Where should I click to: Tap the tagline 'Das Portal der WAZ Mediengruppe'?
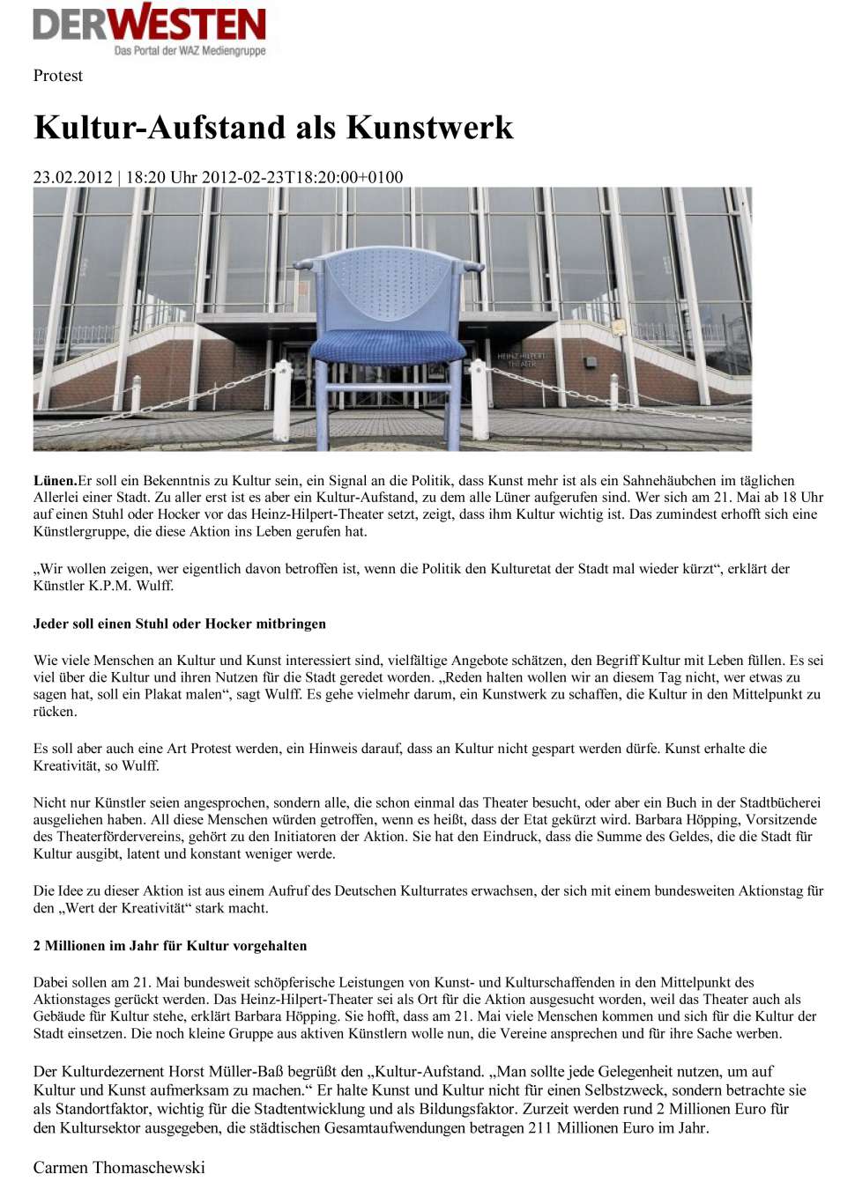(190, 51)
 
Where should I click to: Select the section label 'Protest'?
(57, 76)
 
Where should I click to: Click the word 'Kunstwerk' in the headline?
(429, 127)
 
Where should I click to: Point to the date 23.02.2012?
(72, 177)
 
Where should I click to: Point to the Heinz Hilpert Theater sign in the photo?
(522, 359)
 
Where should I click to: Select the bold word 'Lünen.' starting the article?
(55, 481)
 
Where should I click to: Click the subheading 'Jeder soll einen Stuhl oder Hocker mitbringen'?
(180, 624)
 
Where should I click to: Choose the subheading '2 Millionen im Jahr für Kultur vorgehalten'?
(170, 946)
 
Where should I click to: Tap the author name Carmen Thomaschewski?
(119, 1167)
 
